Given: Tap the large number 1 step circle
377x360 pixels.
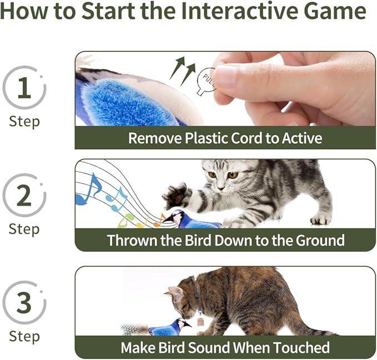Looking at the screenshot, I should (x=24, y=88).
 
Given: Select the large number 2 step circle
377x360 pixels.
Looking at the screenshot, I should (x=24, y=195).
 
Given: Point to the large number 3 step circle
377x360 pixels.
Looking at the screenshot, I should (x=24, y=302).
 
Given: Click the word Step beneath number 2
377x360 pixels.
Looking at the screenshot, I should (x=24, y=229).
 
